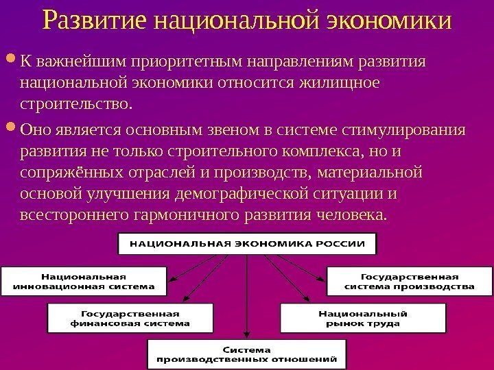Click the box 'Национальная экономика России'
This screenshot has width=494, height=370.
pos(248,243)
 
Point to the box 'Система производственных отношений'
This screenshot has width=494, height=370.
pos(247,352)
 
